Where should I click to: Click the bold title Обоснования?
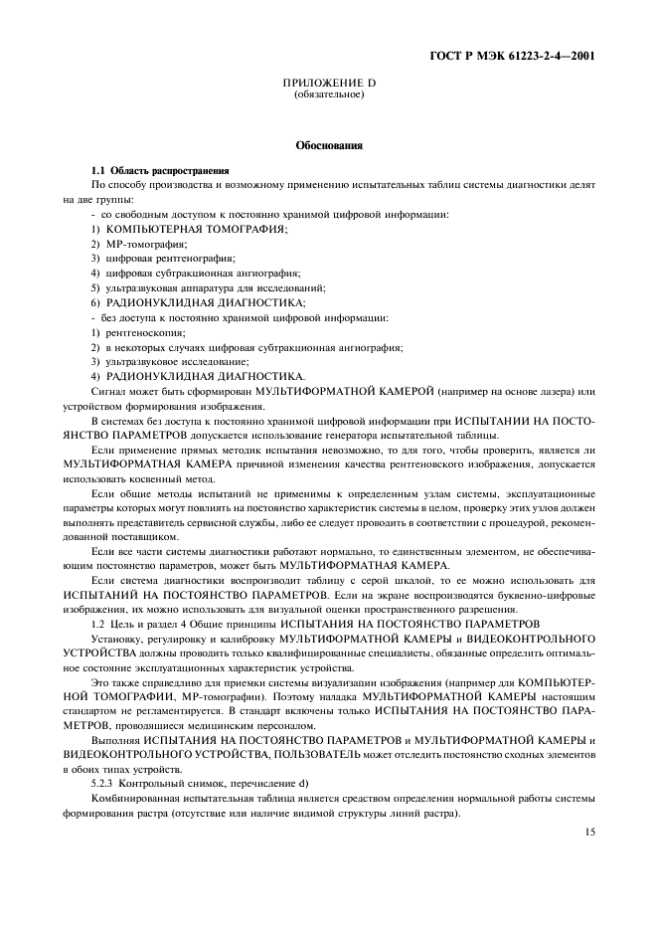coord(328,145)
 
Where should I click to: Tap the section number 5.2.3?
coord(104,784)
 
